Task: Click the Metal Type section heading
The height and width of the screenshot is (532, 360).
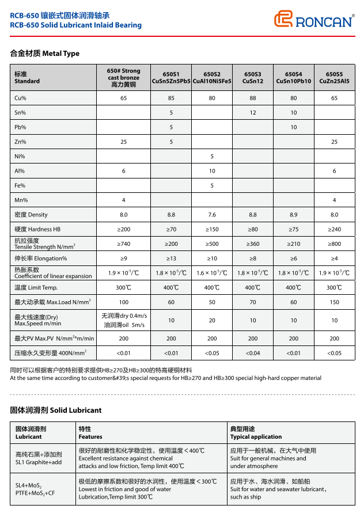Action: (45, 54)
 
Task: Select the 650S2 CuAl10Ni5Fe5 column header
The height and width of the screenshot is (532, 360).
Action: (212, 78)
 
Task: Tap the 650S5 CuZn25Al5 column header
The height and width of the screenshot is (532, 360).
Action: (334, 78)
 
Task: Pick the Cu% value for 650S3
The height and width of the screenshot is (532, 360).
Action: (253, 98)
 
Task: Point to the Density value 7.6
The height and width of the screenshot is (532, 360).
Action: (212, 215)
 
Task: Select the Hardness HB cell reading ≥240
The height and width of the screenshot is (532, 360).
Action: (334, 229)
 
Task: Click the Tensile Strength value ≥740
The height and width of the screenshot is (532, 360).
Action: (123, 244)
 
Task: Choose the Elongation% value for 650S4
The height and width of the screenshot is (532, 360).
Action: (294, 259)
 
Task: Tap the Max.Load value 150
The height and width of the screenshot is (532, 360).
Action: (334, 302)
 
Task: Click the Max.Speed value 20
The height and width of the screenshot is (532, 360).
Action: (212, 320)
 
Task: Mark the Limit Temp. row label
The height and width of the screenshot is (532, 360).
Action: (36, 287)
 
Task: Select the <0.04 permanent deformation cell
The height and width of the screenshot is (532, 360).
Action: (253, 353)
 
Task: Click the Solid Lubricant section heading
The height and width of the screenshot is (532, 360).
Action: (56, 411)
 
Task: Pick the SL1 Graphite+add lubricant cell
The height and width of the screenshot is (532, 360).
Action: (39, 458)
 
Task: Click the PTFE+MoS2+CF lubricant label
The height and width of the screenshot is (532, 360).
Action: (35, 493)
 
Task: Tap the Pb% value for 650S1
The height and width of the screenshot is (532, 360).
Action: (171, 127)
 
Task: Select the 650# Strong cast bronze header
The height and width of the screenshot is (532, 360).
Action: (123, 78)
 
